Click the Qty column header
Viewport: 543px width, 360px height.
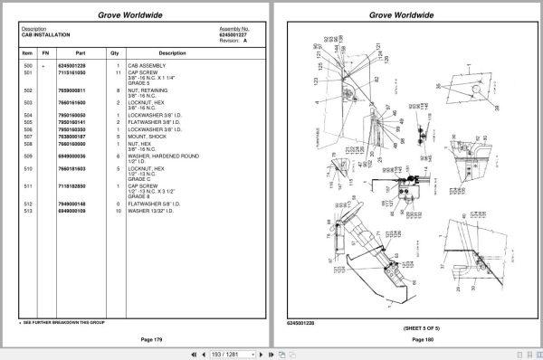point(118,52)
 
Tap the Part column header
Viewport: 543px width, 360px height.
point(80,52)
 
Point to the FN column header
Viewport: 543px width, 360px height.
point(45,52)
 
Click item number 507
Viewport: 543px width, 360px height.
point(27,137)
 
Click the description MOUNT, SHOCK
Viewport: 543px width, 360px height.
point(154,137)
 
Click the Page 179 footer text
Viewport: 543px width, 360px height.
point(139,338)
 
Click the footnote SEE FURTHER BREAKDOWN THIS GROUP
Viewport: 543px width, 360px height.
point(57,322)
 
